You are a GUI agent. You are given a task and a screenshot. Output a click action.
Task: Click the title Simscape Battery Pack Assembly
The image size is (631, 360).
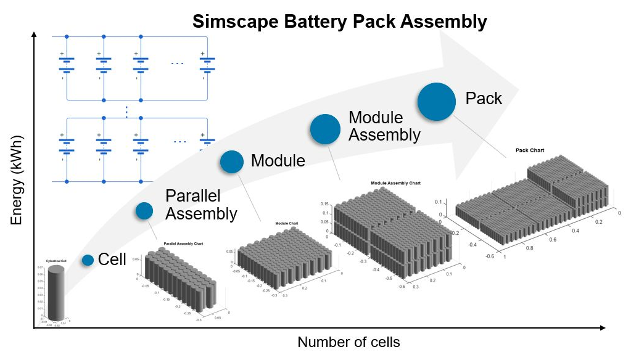339,22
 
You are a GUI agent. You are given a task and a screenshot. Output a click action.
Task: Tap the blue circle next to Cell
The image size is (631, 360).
88,260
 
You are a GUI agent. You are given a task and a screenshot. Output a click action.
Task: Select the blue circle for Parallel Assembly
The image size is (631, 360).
144,211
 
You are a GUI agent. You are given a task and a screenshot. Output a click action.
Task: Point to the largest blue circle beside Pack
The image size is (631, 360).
437,101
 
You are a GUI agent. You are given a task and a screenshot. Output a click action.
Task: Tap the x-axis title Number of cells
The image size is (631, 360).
348,342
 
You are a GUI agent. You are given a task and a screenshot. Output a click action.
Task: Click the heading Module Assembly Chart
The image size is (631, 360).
395,183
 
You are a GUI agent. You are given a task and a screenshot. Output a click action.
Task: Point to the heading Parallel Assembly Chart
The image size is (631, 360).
183,244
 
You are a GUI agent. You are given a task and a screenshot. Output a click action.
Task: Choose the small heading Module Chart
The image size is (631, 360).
287,223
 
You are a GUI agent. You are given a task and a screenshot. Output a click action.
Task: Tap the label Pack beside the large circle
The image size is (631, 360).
484,99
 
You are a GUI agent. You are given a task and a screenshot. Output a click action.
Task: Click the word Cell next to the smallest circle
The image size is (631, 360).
112,260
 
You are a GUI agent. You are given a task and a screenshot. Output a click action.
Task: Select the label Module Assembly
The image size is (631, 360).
384,126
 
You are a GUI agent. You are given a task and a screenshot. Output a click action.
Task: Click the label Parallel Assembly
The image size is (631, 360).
201,205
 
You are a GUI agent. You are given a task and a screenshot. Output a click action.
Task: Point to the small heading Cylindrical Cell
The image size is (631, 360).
57,261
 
